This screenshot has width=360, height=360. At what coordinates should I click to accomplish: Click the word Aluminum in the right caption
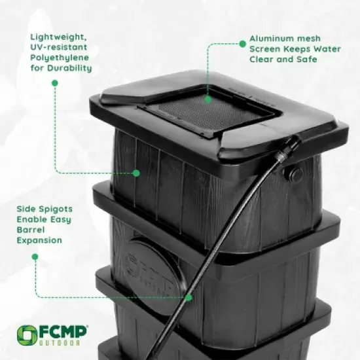click(x=271, y=38)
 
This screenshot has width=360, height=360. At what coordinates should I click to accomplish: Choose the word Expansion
click(x=39, y=240)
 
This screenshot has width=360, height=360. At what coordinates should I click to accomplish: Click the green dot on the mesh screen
click(x=208, y=99)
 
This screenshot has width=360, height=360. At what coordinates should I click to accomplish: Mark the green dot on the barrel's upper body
click(x=136, y=173)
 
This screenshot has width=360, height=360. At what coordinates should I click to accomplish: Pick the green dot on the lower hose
click(x=189, y=297)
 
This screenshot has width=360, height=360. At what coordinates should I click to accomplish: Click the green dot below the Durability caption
click(x=54, y=83)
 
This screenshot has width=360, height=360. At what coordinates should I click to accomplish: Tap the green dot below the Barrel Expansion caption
click(x=35, y=257)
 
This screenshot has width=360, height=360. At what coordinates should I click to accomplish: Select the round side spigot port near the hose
click(x=296, y=174)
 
